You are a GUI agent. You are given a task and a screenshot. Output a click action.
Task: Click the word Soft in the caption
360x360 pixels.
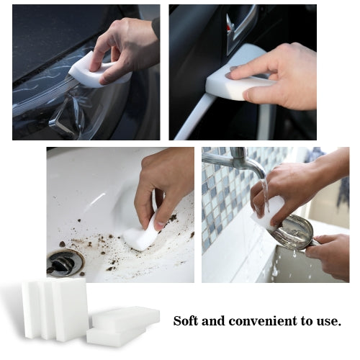click(188, 320)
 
